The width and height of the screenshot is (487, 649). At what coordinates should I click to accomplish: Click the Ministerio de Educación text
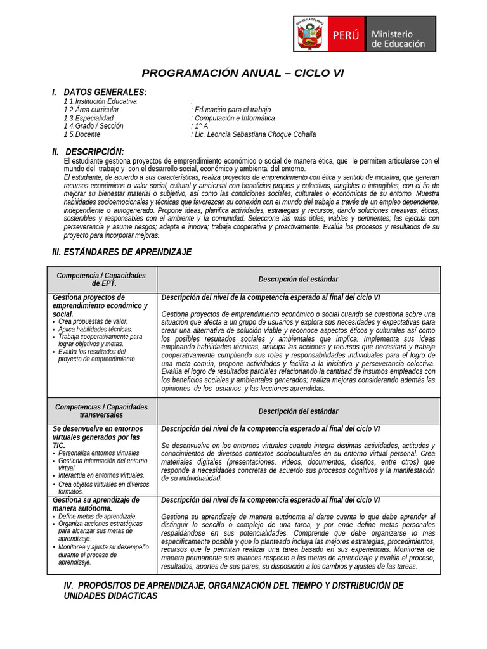[x=398, y=39]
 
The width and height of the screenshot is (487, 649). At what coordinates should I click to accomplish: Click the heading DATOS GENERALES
[x=105, y=92]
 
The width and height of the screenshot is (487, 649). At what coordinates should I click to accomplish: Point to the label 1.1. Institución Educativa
[x=100, y=101]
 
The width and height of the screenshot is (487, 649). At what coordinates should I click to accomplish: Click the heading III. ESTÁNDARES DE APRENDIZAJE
[x=121, y=252]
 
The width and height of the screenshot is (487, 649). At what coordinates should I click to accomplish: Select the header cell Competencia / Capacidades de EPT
[x=101, y=280]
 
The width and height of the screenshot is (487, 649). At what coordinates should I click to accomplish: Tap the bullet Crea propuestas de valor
[x=93, y=321]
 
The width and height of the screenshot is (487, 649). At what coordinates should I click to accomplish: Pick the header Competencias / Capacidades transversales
[x=101, y=411]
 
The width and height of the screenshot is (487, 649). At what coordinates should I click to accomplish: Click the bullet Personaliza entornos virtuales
[x=99, y=453]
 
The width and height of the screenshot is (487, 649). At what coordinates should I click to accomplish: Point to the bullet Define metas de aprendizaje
[x=97, y=517]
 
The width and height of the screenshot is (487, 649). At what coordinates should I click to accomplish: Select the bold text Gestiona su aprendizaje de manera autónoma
[x=95, y=504]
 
